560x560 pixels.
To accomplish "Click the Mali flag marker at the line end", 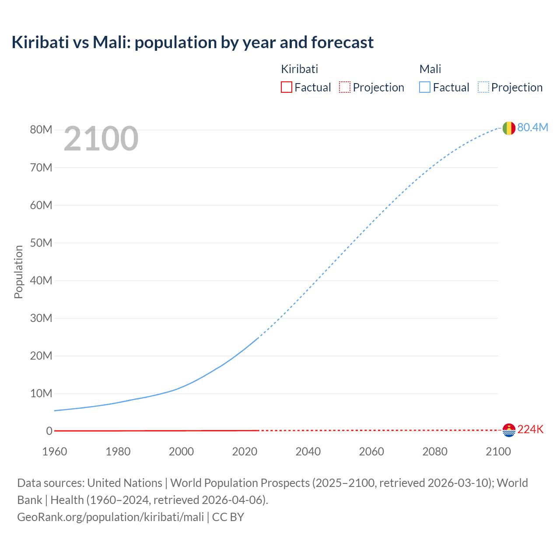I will click(x=509, y=128).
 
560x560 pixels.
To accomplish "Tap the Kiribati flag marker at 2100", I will click(x=509, y=430).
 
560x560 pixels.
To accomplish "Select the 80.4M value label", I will click(x=532, y=127).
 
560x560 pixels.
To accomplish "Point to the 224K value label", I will click(x=530, y=430).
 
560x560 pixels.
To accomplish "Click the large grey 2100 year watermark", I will click(x=101, y=139).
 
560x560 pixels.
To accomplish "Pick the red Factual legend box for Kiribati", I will click(x=286, y=87).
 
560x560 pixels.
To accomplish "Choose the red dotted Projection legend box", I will click(x=345, y=87).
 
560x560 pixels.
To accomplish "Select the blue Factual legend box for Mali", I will click(x=424, y=87).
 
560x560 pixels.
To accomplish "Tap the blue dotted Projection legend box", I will click(x=483, y=87).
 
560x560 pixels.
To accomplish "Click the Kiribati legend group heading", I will click(x=299, y=69).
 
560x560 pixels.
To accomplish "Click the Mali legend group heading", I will click(x=430, y=69).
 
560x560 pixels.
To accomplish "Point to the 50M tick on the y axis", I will click(x=41, y=243).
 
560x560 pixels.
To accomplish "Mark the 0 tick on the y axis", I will click(x=49, y=431).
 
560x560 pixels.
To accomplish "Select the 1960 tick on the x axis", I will click(x=55, y=451).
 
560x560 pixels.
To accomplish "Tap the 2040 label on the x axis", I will click(x=308, y=451).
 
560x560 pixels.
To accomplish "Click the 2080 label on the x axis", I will click(x=435, y=451).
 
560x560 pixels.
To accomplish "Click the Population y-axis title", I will click(x=18, y=272).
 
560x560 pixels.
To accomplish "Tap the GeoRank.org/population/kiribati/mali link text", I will click(x=110, y=517).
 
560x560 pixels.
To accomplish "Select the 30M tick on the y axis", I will click(x=41, y=318).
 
